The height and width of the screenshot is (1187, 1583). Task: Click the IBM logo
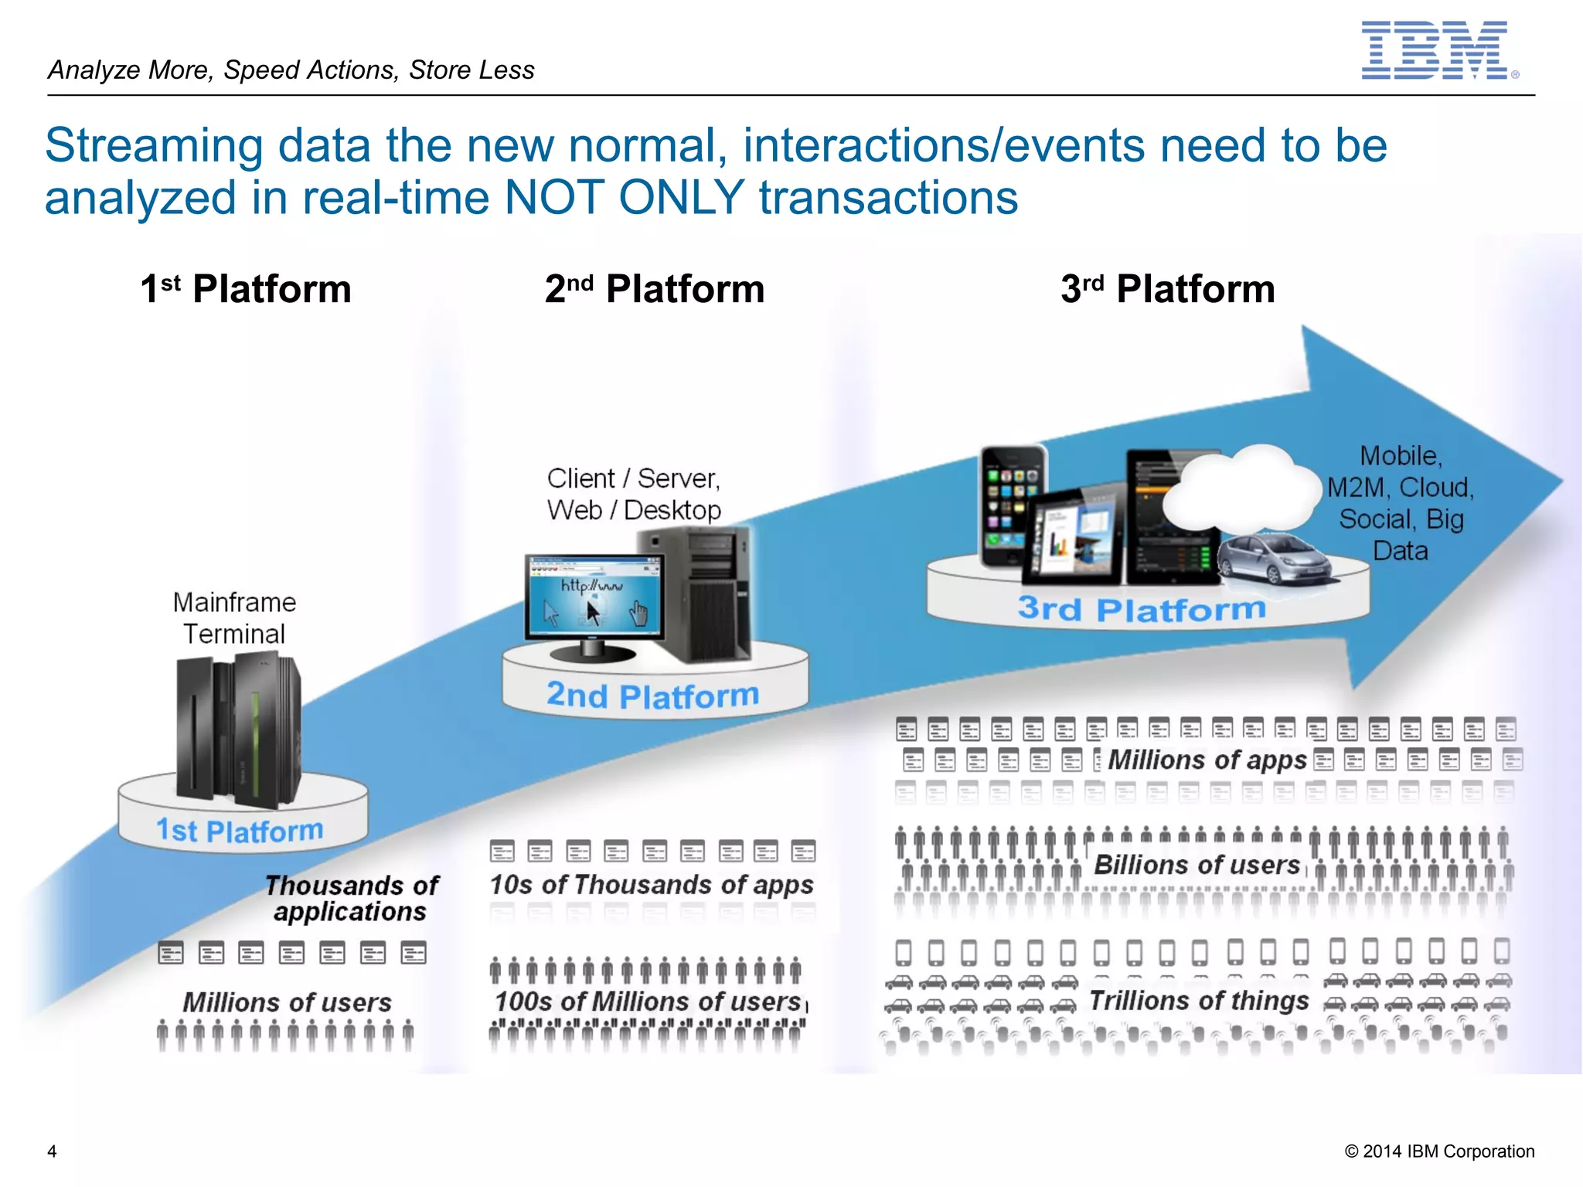(x=1435, y=50)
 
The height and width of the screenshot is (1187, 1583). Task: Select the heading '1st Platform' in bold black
(x=246, y=289)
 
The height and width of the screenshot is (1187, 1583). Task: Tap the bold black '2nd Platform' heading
(x=655, y=289)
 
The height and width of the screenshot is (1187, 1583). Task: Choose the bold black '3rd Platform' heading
(x=1167, y=289)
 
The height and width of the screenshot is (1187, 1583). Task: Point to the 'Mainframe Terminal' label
(x=234, y=617)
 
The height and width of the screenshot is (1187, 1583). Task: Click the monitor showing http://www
(x=594, y=597)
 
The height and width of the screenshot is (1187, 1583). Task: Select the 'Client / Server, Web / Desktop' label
(x=634, y=494)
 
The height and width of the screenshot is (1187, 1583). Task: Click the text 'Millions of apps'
(x=1207, y=760)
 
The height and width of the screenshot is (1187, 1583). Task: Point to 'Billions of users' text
(x=1197, y=865)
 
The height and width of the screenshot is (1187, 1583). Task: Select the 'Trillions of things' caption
(x=1199, y=1001)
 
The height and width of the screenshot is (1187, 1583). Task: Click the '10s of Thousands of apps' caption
(x=652, y=884)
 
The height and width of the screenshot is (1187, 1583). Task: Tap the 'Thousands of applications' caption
(x=352, y=898)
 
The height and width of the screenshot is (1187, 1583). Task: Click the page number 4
(x=52, y=1151)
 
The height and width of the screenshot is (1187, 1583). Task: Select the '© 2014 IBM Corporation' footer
(x=1439, y=1151)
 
